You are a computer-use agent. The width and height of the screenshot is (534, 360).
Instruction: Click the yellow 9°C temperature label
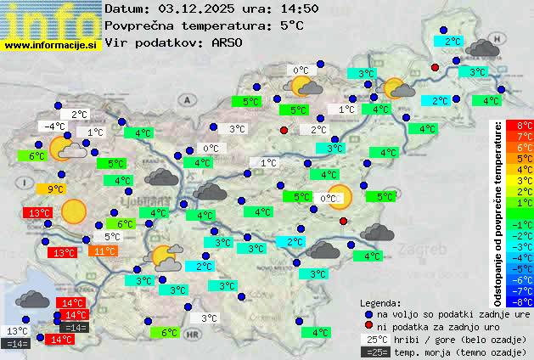point(56,189)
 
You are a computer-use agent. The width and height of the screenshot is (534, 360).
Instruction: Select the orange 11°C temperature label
point(104,251)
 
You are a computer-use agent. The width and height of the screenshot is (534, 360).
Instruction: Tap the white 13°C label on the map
point(17,331)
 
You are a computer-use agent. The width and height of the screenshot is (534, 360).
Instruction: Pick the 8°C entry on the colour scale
point(525,126)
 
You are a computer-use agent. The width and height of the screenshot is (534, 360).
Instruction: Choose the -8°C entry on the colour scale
point(525,301)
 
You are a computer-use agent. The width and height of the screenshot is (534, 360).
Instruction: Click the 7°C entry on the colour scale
point(525,137)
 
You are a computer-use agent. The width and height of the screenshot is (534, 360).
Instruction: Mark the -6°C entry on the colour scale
point(525,279)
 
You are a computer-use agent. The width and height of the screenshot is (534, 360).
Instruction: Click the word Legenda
point(380,302)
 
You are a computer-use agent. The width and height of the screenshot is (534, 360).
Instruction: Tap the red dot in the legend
point(368,325)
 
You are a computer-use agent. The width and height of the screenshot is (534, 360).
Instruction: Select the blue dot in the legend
point(368,313)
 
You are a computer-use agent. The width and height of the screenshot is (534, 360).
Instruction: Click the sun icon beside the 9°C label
point(74,211)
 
